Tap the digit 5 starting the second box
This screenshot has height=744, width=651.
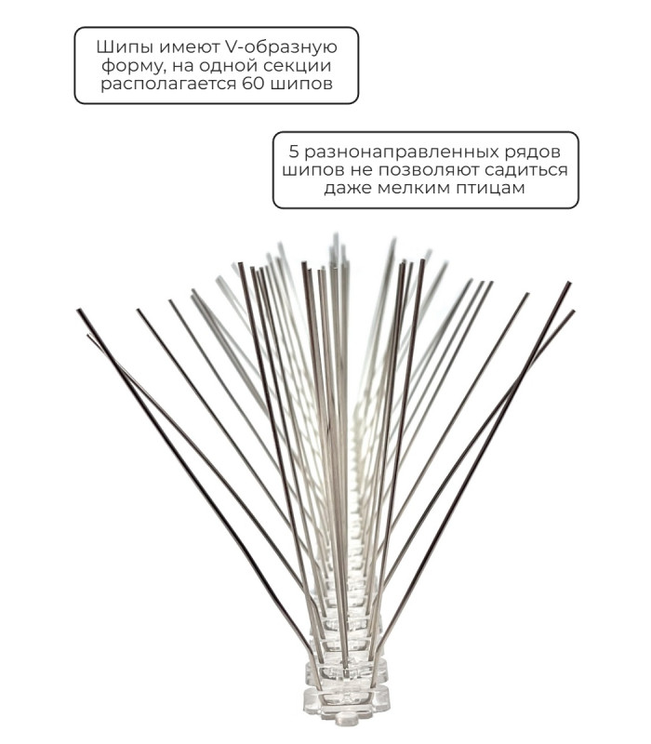pos(294,152)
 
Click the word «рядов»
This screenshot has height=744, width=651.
pos(529,153)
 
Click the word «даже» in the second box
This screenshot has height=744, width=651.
pos(348,189)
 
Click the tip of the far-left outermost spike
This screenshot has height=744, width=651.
pos(78,311)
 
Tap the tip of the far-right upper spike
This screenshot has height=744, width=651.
pos(568,284)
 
